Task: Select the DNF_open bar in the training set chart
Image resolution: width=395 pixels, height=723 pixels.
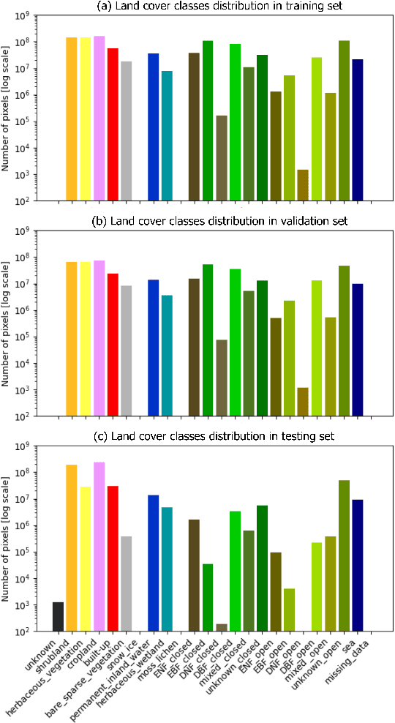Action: pos(303,184)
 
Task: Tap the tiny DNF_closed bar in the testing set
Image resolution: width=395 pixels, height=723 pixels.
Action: pos(221,627)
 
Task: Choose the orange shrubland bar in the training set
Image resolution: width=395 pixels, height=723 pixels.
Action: pos(71,118)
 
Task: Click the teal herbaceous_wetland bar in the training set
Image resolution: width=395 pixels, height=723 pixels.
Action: pos(167,135)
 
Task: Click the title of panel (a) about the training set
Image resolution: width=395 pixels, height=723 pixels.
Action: pos(212,7)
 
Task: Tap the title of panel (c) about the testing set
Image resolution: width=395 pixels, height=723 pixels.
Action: pos(212,437)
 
